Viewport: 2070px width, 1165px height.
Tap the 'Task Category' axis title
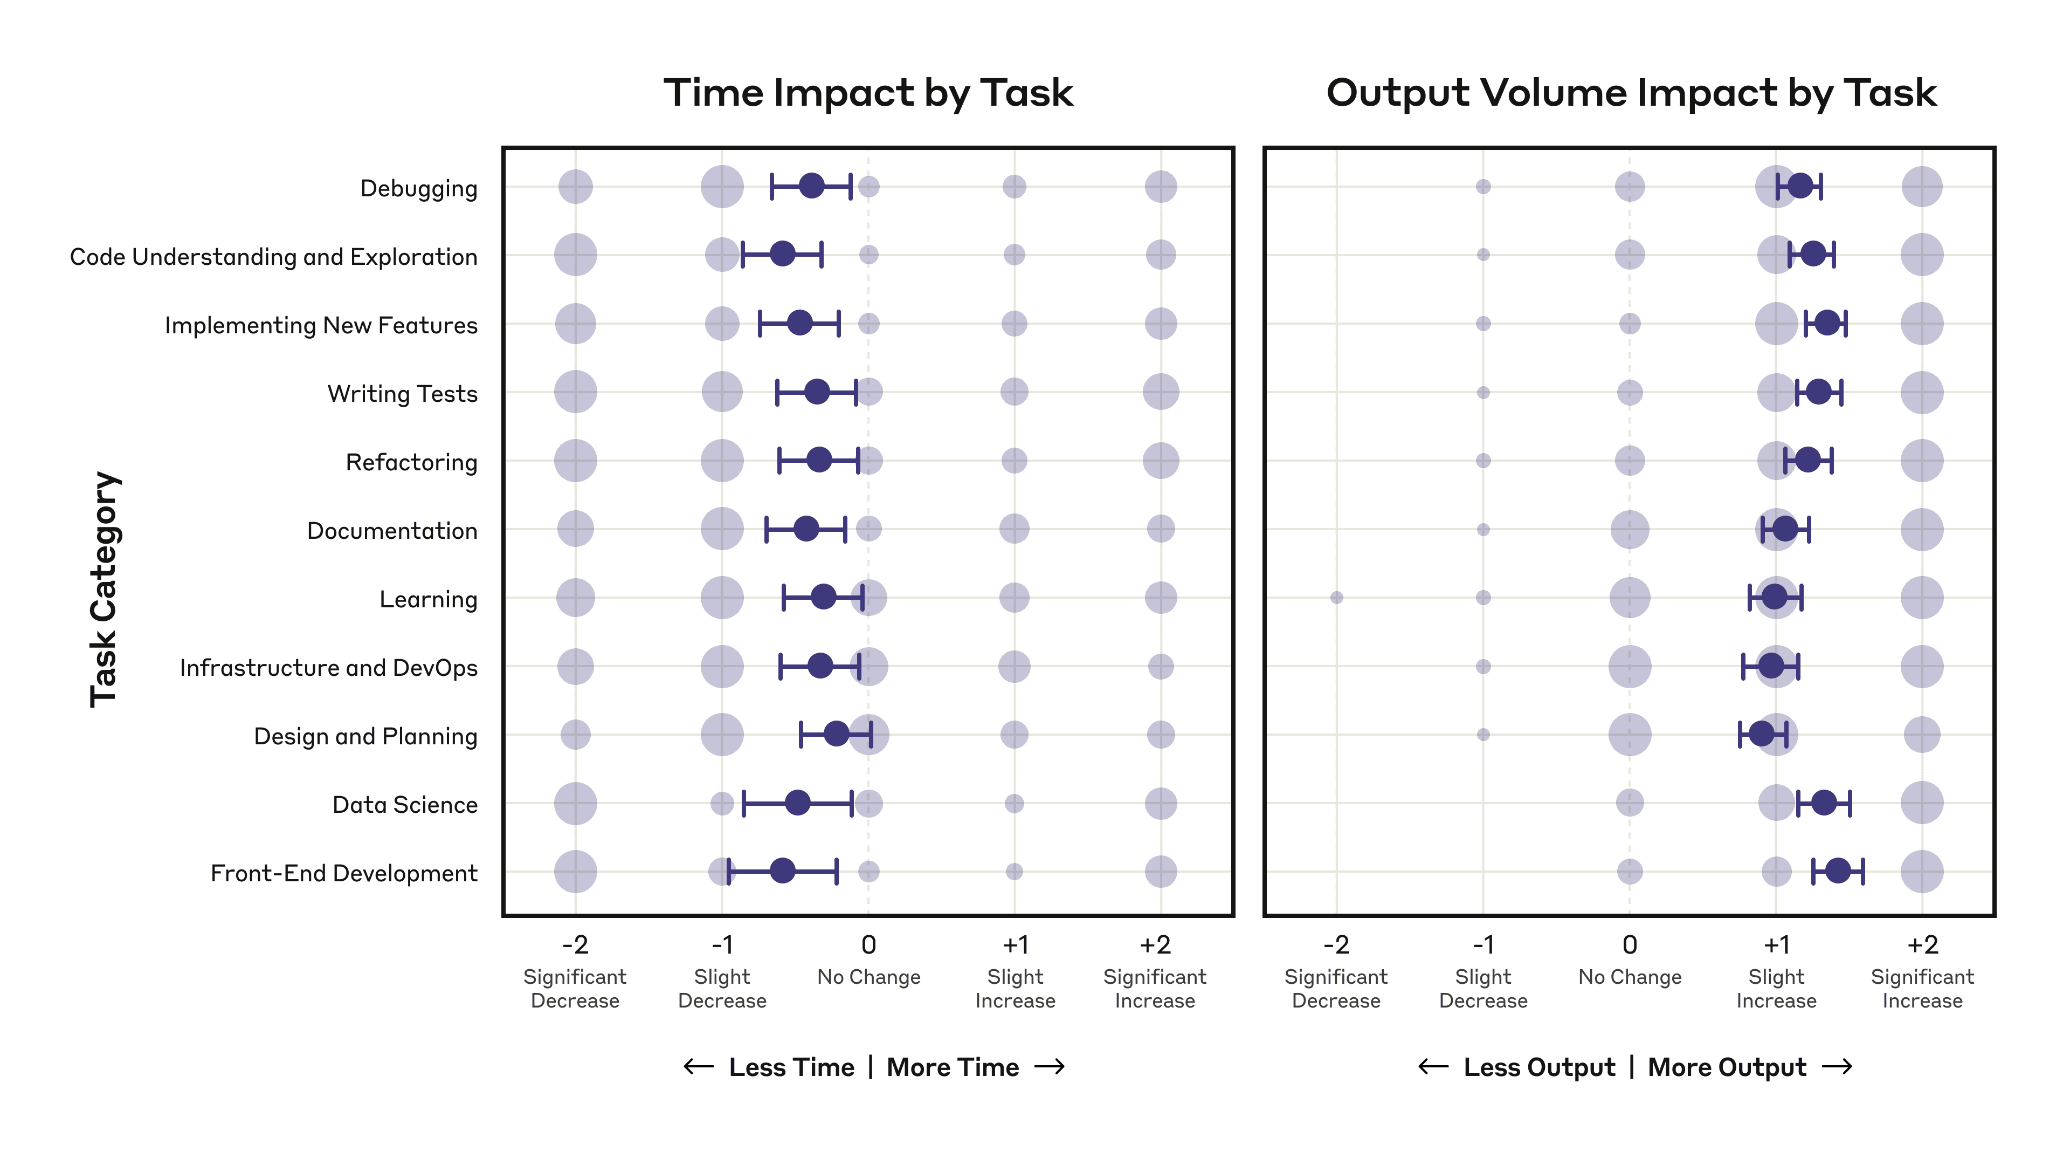point(105,590)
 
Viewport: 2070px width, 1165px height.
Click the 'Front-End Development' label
point(343,873)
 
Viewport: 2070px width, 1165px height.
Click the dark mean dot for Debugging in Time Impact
point(812,186)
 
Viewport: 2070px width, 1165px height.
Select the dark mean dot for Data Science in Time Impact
point(797,803)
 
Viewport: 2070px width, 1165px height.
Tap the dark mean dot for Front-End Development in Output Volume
point(1838,870)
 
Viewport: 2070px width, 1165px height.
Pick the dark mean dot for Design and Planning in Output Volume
point(1762,734)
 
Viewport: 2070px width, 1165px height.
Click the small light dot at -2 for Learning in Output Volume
point(1336,598)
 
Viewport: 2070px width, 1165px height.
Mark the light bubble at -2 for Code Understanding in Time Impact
point(575,255)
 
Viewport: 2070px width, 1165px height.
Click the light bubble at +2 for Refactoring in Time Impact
point(1161,461)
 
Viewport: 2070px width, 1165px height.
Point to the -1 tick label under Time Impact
point(722,945)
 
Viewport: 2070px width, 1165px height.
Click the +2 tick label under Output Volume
point(1922,945)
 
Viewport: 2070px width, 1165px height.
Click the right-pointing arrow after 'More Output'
point(1837,1067)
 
